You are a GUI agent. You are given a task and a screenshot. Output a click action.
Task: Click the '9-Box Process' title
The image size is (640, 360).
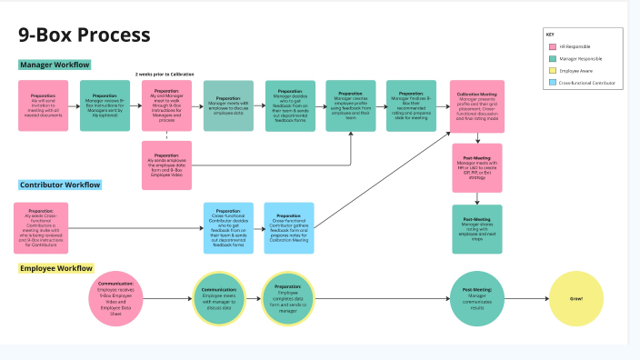click(x=85, y=35)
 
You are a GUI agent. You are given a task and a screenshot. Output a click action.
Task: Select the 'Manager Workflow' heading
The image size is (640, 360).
click(x=55, y=65)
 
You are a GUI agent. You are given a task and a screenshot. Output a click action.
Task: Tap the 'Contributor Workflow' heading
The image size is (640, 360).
click(x=60, y=185)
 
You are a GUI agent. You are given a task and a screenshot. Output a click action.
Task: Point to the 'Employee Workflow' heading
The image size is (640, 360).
click(x=56, y=268)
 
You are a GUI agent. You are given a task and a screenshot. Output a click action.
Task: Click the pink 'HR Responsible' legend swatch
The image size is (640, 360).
click(x=553, y=46)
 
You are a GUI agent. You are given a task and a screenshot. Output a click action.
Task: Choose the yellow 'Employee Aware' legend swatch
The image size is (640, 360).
click(x=553, y=70)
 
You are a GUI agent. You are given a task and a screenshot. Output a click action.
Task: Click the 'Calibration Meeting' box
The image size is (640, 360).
click(x=476, y=105)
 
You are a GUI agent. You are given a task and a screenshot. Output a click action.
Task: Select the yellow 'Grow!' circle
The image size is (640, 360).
click(x=575, y=298)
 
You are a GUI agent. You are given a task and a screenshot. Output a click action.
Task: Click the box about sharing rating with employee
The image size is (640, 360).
click(x=476, y=229)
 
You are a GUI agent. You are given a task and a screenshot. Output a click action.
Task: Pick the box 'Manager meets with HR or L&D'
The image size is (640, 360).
click(x=476, y=167)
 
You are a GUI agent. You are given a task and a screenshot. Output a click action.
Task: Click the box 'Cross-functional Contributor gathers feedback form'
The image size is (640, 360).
click(x=289, y=227)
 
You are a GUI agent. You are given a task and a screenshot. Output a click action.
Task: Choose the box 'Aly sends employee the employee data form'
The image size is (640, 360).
click(x=166, y=165)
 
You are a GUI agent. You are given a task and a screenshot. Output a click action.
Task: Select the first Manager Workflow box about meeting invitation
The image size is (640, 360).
click(x=43, y=105)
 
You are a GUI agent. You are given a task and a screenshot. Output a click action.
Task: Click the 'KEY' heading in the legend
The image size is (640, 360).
click(x=550, y=34)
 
